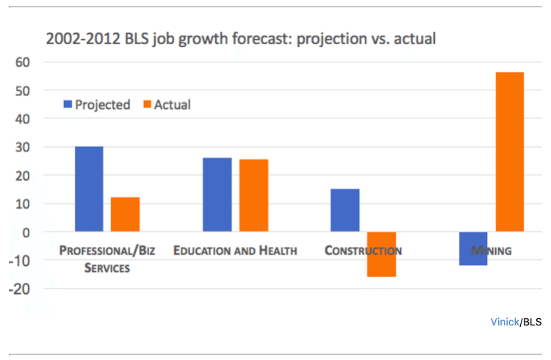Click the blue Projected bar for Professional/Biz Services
click(89, 189)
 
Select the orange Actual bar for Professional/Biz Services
click(125, 215)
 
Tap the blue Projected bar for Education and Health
click(217, 195)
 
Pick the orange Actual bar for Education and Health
click(253, 195)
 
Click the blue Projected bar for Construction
click(345, 210)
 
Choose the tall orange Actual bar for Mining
click(509, 152)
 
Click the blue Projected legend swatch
click(68, 105)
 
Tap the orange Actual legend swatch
click(145, 105)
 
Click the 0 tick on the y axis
click(29, 232)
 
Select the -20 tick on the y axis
click(21, 289)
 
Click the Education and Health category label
click(235, 251)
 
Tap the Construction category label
click(363, 251)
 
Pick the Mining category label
click(491, 251)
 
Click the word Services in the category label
click(107, 268)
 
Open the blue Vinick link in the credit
click(505, 322)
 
